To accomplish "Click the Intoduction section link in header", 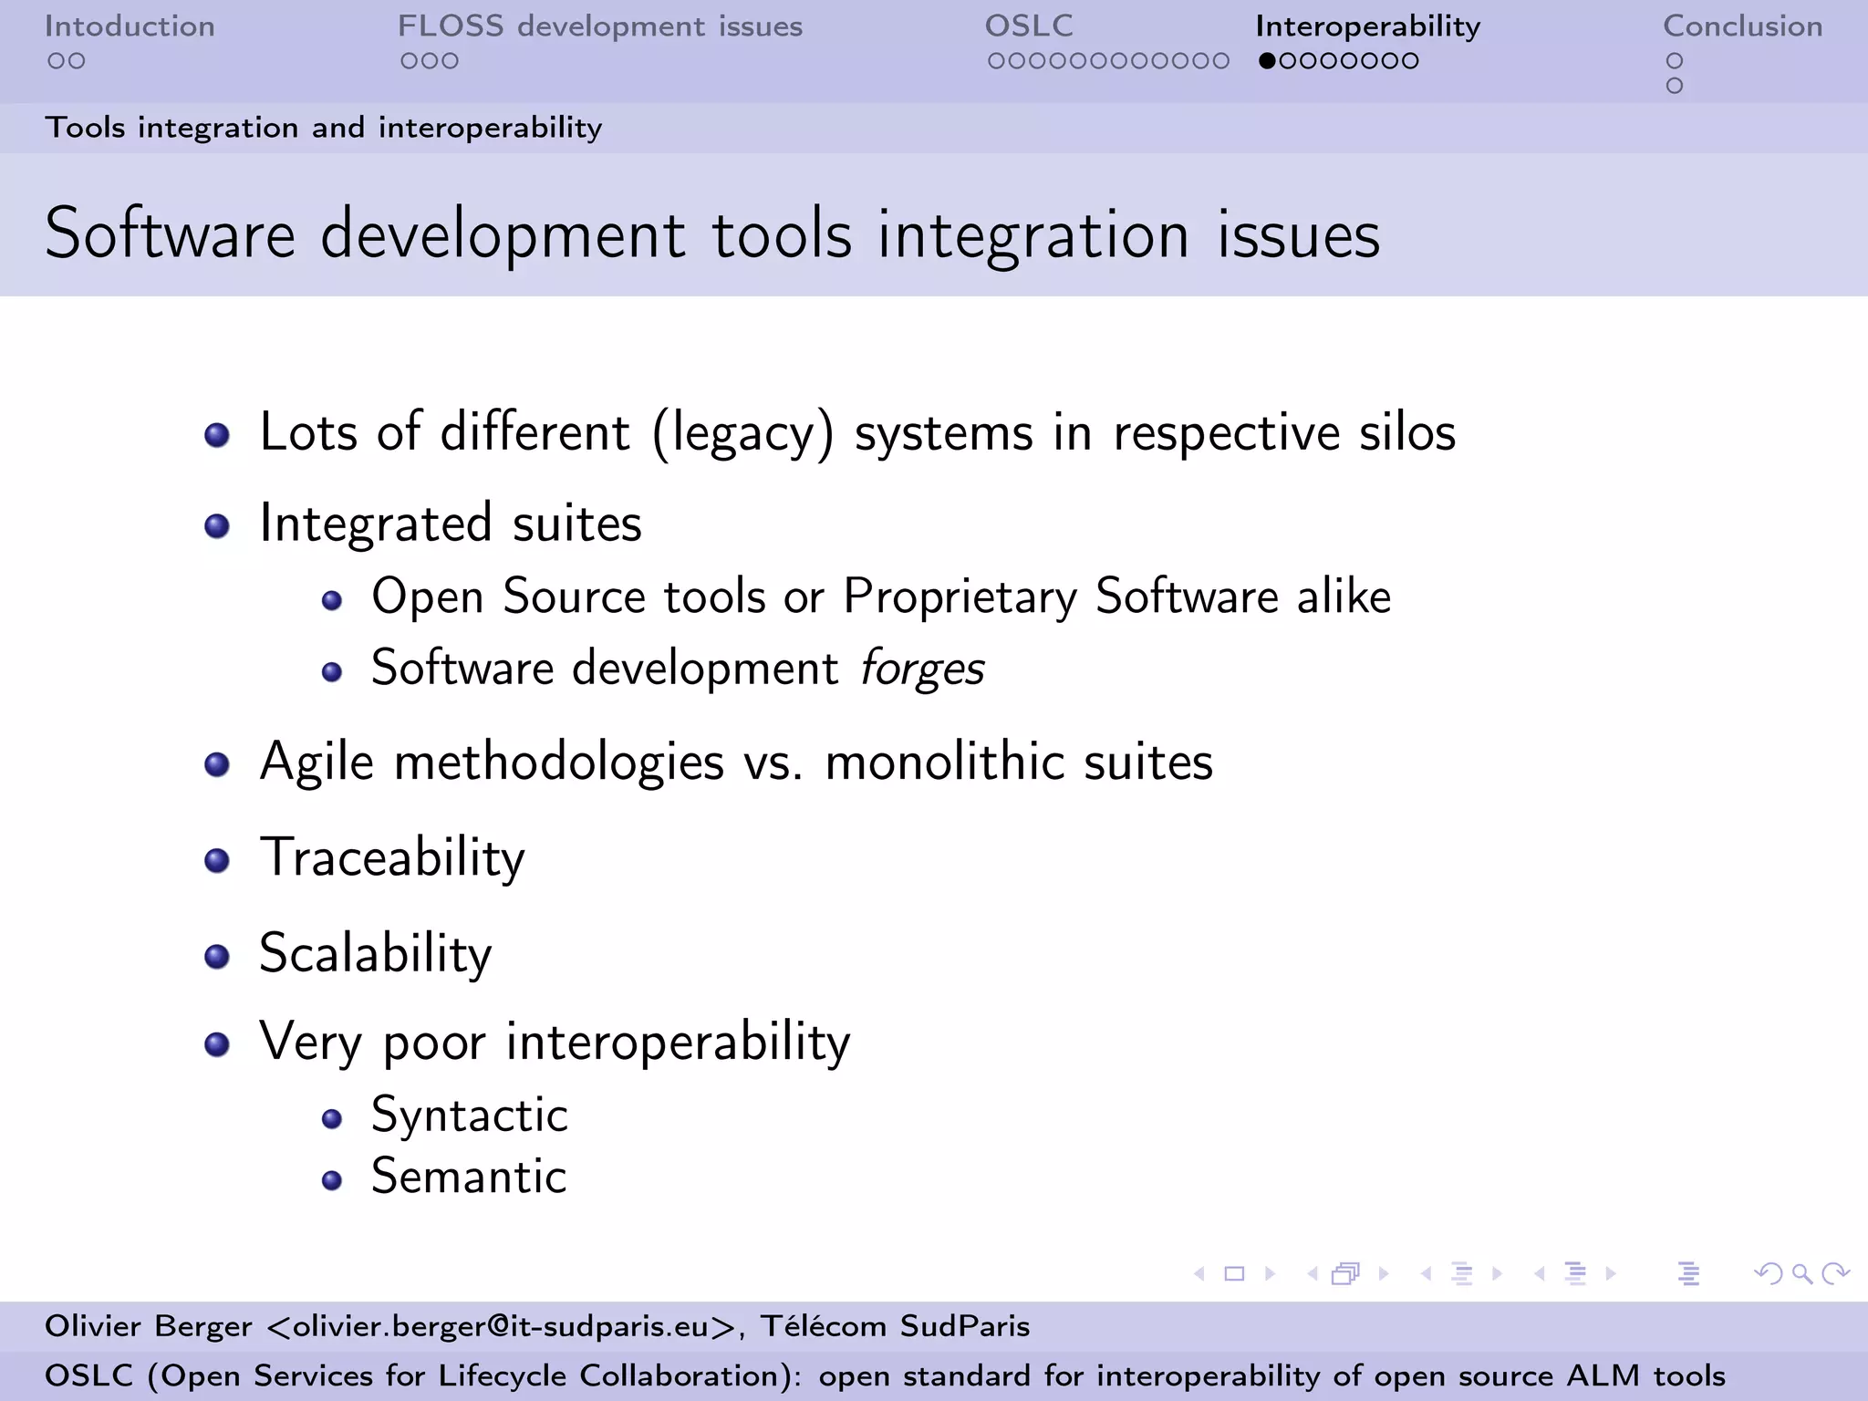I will tap(130, 26).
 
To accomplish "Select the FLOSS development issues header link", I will tap(599, 26).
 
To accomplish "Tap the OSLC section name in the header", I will tap(1028, 26).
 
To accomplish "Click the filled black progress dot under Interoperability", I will tap(1266, 61).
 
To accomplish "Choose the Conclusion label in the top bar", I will tap(1742, 26).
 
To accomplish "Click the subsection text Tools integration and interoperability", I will tap(324, 128).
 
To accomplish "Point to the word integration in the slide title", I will tap(1033, 235).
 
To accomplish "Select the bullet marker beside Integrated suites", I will tap(216, 526).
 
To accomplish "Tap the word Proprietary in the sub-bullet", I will tap(960, 597).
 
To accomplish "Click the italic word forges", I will tap(922, 669).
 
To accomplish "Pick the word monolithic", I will tap(944, 762).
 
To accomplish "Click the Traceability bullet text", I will tap(392, 858).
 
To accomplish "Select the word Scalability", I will tap(375, 954).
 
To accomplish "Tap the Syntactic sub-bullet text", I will tap(469, 1115).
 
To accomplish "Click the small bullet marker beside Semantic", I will tap(332, 1181).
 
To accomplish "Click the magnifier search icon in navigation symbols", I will tap(1801, 1273).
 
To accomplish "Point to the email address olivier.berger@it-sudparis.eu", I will tap(500, 1326).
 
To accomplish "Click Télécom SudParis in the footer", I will tap(895, 1326).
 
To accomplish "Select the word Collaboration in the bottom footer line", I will tap(677, 1375).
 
